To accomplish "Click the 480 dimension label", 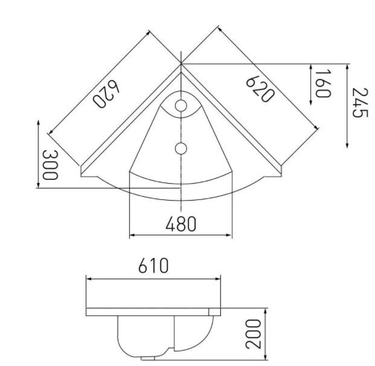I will point(181,224).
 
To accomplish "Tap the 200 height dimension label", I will point(254,335).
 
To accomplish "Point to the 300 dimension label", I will point(50,165).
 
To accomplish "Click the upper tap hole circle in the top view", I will point(181,106).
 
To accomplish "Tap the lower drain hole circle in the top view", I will point(181,148).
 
